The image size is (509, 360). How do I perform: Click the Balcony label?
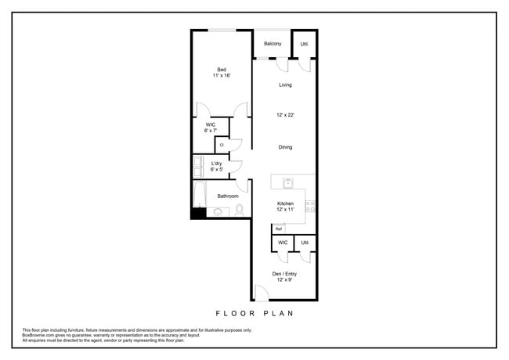coord(272,44)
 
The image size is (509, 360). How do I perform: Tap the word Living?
coord(285,85)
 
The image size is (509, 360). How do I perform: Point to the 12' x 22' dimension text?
coord(285,115)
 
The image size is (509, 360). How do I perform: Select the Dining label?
coord(285,147)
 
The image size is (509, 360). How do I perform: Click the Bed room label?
coord(222,70)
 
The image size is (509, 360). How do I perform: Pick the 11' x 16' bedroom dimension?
coord(222,76)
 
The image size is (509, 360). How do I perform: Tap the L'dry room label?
coord(217,164)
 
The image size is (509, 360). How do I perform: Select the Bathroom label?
coord(228,196)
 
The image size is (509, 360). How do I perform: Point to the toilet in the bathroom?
coord(240,209)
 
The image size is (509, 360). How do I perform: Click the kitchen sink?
coord(288,184)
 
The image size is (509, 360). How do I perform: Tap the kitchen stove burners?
coord(310,206)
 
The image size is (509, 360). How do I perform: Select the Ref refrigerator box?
coord(279,229)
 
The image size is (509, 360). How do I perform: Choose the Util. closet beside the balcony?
coord(305,44)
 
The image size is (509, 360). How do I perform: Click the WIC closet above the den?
coord(283,243)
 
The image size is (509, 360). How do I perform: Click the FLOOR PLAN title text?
coord(254,313)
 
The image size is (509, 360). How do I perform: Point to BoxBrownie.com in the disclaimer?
coord(38,335)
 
